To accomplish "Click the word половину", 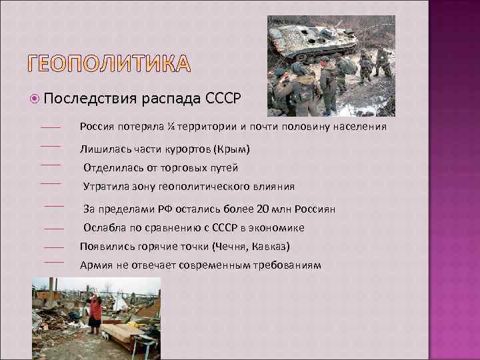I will tap(309, 127).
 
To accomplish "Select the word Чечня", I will tap(230, 247).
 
